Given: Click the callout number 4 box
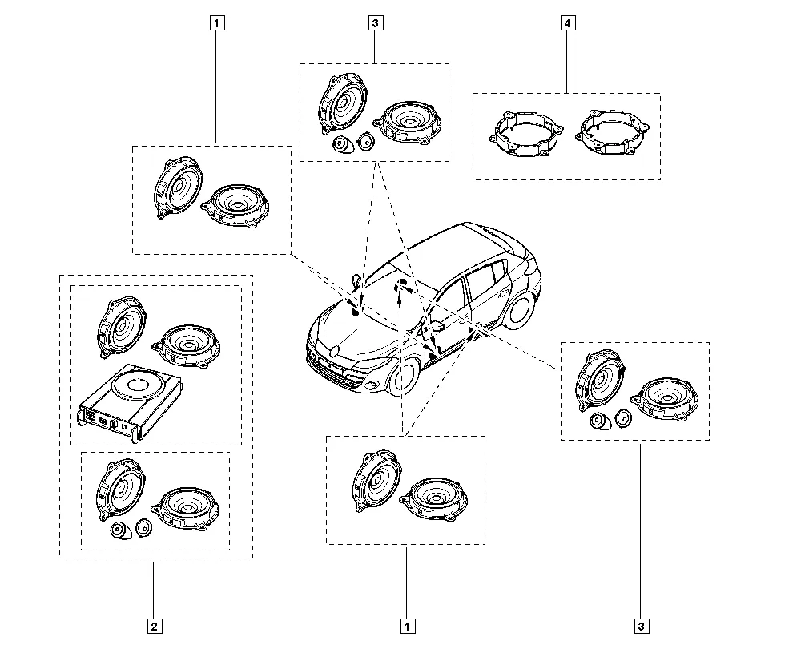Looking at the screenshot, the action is click(x=568, y=23).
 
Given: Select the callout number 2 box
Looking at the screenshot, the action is click(x=155, y=627).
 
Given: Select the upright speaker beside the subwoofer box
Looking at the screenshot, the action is click(x=122, y=328).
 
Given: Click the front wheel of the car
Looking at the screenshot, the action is click(x=405, y=376).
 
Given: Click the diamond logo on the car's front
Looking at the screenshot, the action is click(x=335, y=351).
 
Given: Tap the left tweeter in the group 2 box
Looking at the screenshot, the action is click(x=121, y=531).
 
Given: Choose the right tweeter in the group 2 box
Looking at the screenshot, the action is click(x=144, y=527).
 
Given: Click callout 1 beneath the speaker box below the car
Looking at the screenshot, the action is click(x=408, y=627).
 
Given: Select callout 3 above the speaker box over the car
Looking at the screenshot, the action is click(x=376, y=23).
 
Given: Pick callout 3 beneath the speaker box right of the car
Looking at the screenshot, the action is click(x=642, y=627).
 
